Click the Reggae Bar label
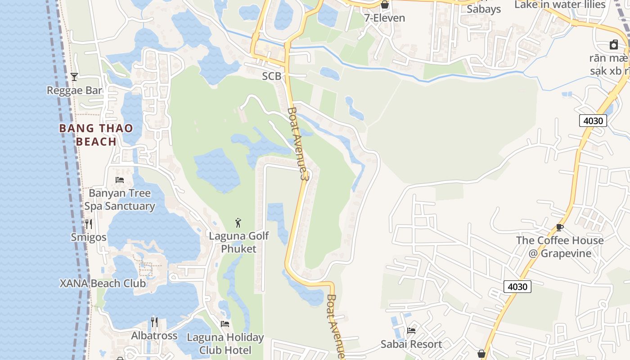[75, 90]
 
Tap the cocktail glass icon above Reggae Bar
[74, 77]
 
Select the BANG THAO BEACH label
[96, 135]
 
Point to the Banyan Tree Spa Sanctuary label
[120, 200]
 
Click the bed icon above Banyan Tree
[120, 180]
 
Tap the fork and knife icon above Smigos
[89, 224]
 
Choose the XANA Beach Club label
[103, 283]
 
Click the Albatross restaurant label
[154, 336]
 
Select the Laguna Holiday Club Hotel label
[225, 343]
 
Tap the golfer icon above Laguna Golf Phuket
[238, 222]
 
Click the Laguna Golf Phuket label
[239, 242]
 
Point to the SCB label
[272, 76]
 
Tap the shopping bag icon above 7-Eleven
[385, 5]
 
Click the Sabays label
[484, 9]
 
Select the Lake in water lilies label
[560, 4]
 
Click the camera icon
[614, 45]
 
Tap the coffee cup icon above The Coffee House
[560, 227]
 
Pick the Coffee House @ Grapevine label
[560, 247]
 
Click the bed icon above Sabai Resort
[411, 331]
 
